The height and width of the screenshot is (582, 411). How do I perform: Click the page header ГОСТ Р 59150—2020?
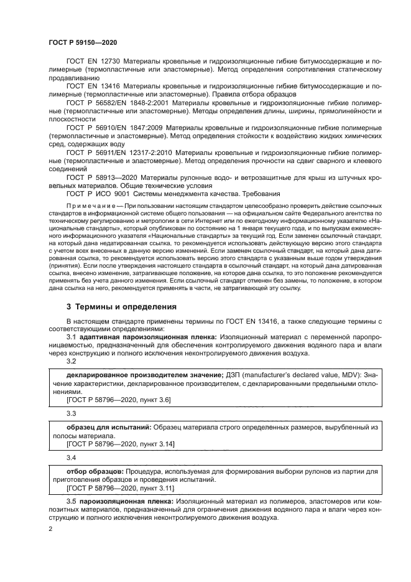pyautogui.click(x=82, y=42)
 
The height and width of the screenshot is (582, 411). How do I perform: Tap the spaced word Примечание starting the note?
pyautogui.click(x=91, y=205)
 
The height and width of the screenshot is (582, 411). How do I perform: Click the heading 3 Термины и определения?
pyautogui.click(x=121, y=306)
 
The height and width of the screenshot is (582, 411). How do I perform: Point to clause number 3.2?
pyautogui.click(x=71, y=361)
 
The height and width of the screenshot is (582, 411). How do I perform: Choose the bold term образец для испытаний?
pyautogui.click(x=107, y=429)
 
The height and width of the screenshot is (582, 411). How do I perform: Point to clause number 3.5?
pyautogui.click(x=71, y=500)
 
